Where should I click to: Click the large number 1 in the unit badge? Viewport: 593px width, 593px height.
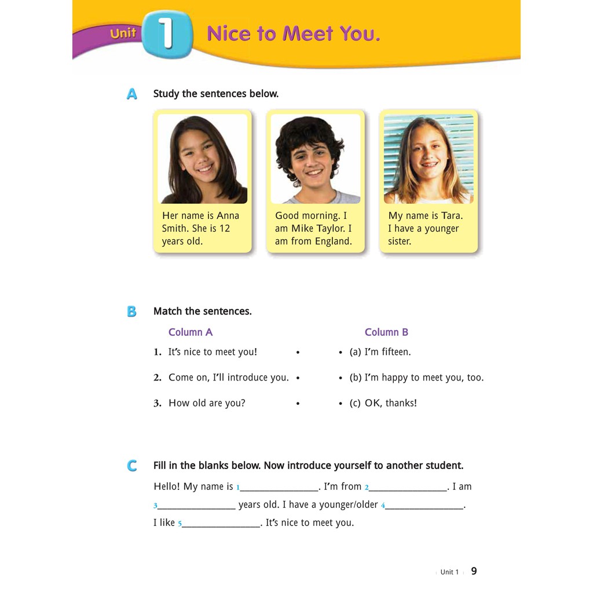click(167, 34)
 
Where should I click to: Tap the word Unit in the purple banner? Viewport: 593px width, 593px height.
click(123, 34)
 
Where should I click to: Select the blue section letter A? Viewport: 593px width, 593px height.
click(132, 94)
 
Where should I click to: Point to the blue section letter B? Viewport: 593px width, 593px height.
click(132, 312)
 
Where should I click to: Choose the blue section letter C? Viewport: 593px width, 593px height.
click(132, 466)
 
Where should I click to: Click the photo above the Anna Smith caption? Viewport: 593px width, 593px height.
click(203, 159)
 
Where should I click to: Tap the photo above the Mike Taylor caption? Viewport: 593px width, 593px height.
click(316, 159)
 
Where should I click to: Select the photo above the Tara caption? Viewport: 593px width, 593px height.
click(429, 159)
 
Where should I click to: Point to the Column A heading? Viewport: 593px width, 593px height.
click(191, 332)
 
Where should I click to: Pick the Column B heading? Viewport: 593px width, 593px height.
click(386, 332)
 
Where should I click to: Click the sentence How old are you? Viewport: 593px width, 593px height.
click(207, 403)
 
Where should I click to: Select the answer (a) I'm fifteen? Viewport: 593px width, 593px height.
click(380, 352)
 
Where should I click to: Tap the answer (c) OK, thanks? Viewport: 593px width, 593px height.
click(383, 403)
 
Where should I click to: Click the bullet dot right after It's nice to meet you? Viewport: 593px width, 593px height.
click(298, 352)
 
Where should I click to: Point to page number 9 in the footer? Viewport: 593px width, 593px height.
click(474, 571)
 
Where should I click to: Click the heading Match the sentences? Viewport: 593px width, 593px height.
click(203, 312)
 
